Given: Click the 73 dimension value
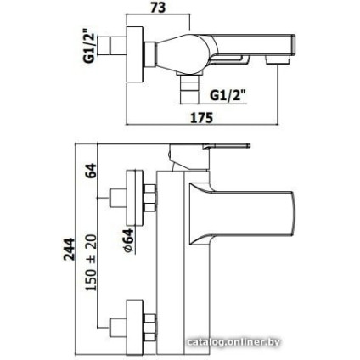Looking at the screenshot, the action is click(x=158, y=7).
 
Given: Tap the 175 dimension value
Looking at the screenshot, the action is click(x=201, y=117).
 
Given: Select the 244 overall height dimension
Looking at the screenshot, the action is click(x=69, y=249).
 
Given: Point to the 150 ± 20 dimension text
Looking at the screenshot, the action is click(x=92, y=262).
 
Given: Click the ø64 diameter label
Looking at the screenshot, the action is click(x=129, y=240).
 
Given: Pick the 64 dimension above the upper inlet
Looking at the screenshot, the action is click(x=91, y=171).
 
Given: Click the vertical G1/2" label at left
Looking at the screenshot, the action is click(x=89, y=46).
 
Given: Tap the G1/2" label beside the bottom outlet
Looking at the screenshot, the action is click(x=228, y=95).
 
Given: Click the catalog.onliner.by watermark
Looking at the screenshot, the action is click(x=233, y=342).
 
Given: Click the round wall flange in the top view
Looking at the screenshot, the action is click(x=135, y=54).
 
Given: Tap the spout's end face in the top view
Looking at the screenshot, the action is click(x=294, y=45).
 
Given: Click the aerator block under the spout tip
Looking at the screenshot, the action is click(x=278, y=59).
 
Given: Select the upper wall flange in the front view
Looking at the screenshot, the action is click(x=135, y=198).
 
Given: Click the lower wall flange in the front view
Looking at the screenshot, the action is click(x=135, y=327).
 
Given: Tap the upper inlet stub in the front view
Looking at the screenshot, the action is click(x=118, y=198).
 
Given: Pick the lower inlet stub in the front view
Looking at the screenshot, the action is click(x=118, y=327).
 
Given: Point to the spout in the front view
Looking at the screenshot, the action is click(x=242, y=214).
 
